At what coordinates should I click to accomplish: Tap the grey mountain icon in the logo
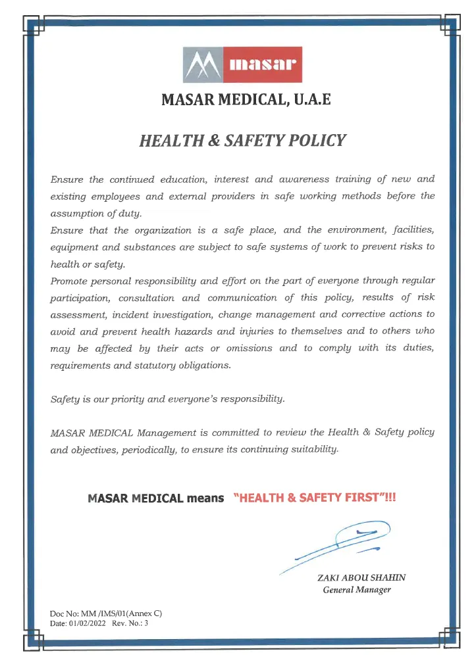click(202, 64)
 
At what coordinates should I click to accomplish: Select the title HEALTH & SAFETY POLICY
click(242, 140)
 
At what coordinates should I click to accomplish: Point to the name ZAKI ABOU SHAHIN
click(361, 577)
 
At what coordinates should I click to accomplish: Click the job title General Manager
click(357, 590)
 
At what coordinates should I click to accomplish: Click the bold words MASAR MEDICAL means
click(156, 498)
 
